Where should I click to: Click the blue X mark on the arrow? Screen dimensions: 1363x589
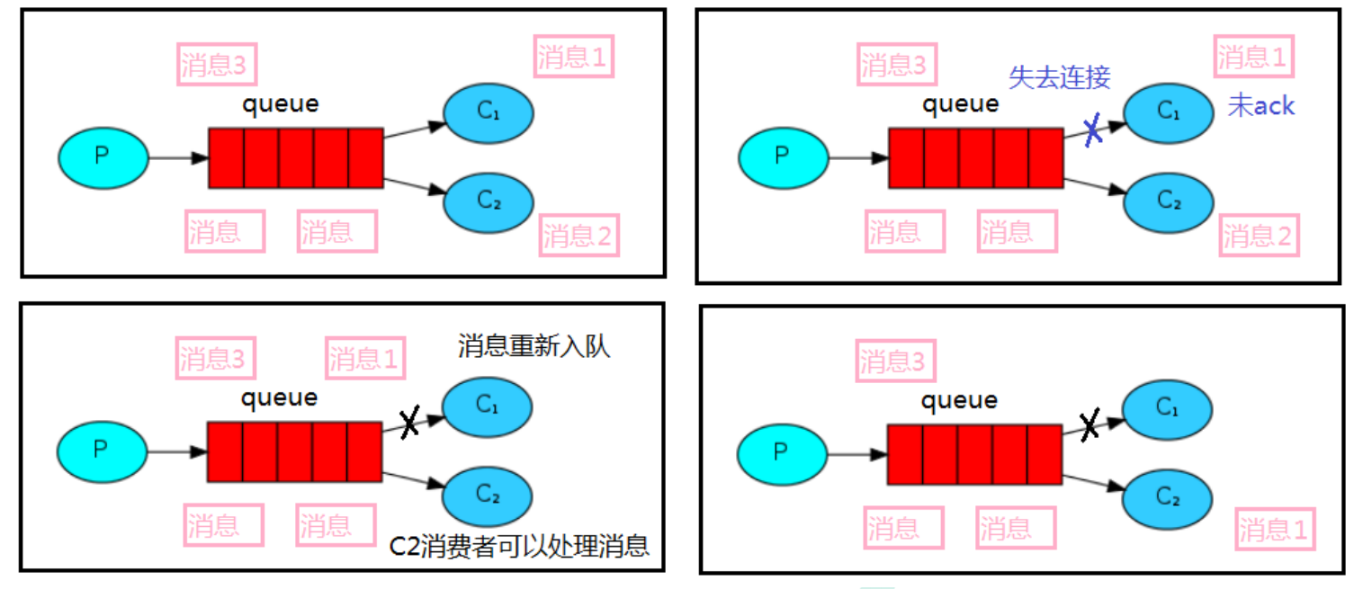coord(1093,129)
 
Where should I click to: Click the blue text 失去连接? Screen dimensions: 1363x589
coord(1060,77)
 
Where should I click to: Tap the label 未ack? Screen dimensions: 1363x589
coord(1260,106)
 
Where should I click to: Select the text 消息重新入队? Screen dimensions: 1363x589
coord(534,346)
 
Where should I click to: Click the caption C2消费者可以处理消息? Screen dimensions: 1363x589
coord(519,546)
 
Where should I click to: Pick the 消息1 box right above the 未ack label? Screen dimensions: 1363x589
coord(1253,57)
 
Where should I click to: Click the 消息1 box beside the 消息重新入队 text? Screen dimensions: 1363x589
coord(365,359)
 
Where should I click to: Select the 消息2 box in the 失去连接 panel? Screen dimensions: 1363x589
coord(1259,236)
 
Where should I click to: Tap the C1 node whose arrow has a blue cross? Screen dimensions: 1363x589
coord(1169,113)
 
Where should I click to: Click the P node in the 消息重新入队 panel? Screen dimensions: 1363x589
coord(103,452)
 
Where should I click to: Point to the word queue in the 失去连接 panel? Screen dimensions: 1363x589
coord(960,104)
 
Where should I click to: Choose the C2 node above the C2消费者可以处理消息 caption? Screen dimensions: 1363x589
coord(487,495)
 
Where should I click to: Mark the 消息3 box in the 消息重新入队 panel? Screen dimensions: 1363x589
coord(215,359)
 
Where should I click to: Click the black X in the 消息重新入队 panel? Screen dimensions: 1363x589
coord(409,421)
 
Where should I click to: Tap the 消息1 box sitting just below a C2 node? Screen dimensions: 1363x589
coord(1275,530)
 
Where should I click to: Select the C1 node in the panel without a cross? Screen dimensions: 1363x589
coord(489,113)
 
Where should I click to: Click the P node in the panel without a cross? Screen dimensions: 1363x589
coord(103,158)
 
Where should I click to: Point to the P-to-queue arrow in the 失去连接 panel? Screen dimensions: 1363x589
coord(858,158)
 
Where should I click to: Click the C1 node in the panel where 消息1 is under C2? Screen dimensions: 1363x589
coord(1167,410)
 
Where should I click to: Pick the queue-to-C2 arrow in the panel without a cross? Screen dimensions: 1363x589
coord(415,186)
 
